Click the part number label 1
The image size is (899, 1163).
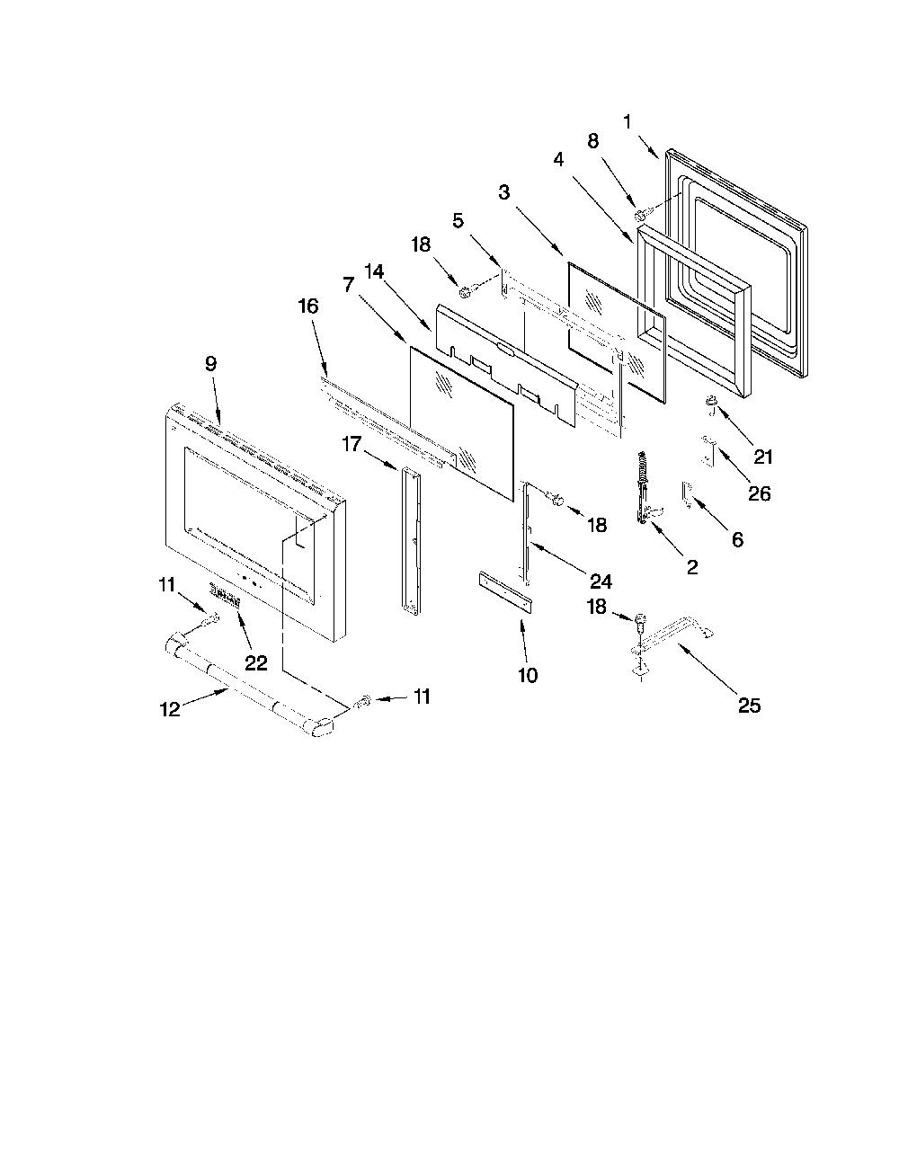pos(628,122)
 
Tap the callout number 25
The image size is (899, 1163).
pos(749,706)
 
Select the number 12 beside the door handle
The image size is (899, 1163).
pos(170,710)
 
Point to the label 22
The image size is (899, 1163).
pos(256,663)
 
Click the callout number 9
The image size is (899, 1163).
pos(211,364)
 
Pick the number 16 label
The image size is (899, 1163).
pos(308,306)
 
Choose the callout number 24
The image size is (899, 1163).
pos(601,581)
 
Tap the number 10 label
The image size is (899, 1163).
pos(528,676)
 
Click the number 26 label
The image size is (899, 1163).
pos(760,493)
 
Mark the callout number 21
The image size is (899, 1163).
pos(762,457)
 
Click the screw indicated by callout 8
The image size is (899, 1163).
pos(640,216)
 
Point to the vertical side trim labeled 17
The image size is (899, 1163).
pos(411,539)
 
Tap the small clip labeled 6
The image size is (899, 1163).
pos(687,493)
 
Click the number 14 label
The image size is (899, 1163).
pos(374,272)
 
